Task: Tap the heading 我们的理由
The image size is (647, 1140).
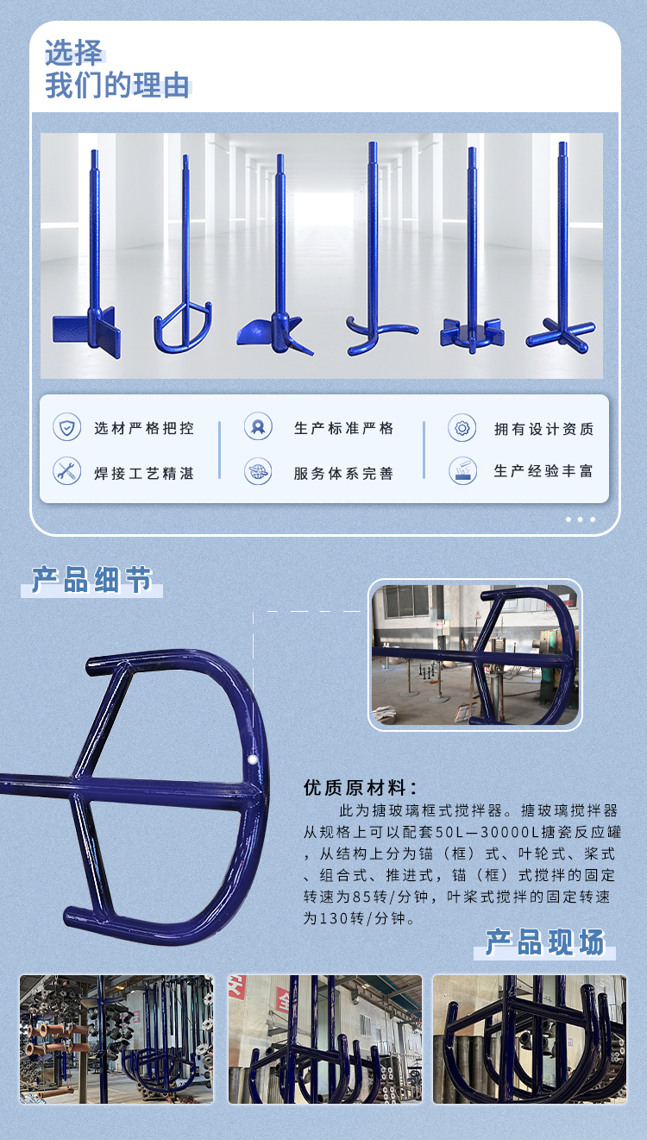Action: pyautogui.click(x=116, y=86)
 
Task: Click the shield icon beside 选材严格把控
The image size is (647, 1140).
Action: pyautogui.click(x=66, y=427)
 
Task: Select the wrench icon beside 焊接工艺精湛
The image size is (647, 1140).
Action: pyautogui.click(x=66, y=470)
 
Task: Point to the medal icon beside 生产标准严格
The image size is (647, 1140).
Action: pyautogui.click(x=257, y=426)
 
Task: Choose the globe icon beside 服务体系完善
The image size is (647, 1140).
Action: pyautogui.click(x=257, y=471)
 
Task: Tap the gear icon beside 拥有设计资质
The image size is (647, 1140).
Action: pyautogui.click(x=462, y=427)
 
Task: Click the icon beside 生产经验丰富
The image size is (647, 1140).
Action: pyautogui.click(x=462, y=470)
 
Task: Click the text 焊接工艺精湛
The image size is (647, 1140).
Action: pyautogui.click(x=144, y=473)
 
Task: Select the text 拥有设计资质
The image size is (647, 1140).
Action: pyautogui.click(x=543, y=429)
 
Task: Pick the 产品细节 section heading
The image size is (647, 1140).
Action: pyautogui.click(x=91, y=581)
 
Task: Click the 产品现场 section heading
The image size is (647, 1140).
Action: pyautogui.click(x=544, y=942)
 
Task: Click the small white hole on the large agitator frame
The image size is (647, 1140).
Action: pyautogui.click(x=253, y=759)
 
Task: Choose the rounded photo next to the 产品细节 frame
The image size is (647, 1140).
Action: pyautogui.click(x=475, y=654)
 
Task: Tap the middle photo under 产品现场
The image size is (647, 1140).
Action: pyautogui.click(x=325, y=1039)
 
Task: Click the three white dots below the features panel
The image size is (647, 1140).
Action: pyautogui.click(x=581, y=520)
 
